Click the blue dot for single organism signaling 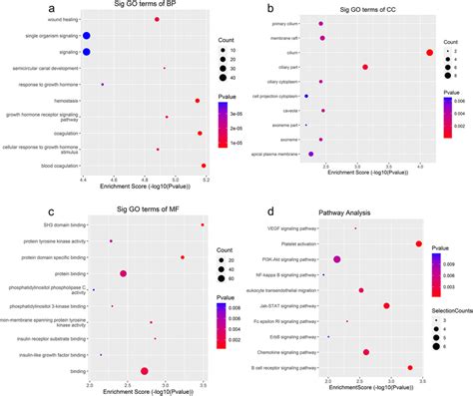[86, 35]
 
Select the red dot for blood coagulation [204, 167]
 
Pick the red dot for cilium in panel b [428, 52]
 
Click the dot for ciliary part [365, 67]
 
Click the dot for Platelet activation [419, 243]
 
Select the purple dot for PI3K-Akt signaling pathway [337, 259]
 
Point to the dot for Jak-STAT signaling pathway [386, 306]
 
